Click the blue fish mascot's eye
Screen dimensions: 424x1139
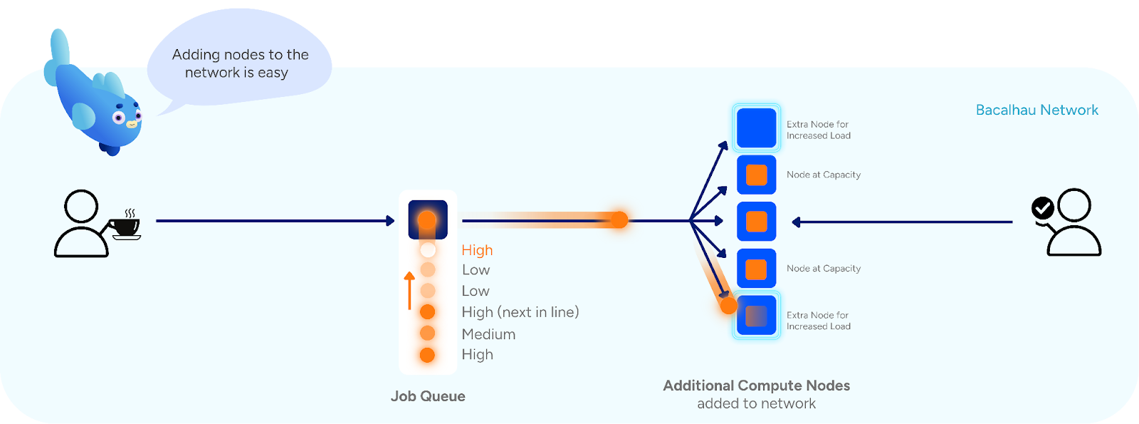[120, 118]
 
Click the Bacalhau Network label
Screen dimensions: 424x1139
[1036, 110]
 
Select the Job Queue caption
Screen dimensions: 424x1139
[428, 396]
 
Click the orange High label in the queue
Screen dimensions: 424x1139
[477, 250]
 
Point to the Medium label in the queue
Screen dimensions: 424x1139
[488, 333]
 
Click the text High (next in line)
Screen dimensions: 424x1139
[520, 312]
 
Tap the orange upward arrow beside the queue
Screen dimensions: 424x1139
[409, 290]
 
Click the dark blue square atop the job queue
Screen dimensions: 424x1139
[428, 219]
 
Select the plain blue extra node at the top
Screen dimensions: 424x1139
[756, 128]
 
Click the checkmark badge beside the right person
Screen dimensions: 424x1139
[1043, 208]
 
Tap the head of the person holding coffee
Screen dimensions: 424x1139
[81, 207]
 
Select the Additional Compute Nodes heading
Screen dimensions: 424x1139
[756, 386]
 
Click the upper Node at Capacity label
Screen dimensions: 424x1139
[824, 175]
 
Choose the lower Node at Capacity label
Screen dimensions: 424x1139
[824, 269]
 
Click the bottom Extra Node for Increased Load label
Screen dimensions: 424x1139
[818, 321]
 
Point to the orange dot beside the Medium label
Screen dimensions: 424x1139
[427, 333]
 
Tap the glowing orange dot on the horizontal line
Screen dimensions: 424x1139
[620, 219]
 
